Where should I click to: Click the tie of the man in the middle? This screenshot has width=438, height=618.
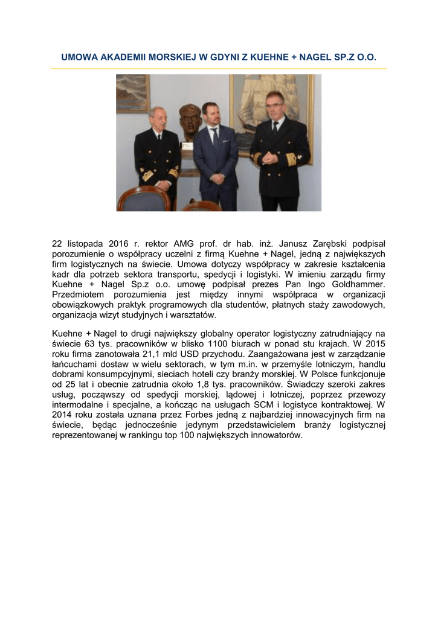click(214, 138)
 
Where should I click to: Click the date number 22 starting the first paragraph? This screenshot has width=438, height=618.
click(57, 244)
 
